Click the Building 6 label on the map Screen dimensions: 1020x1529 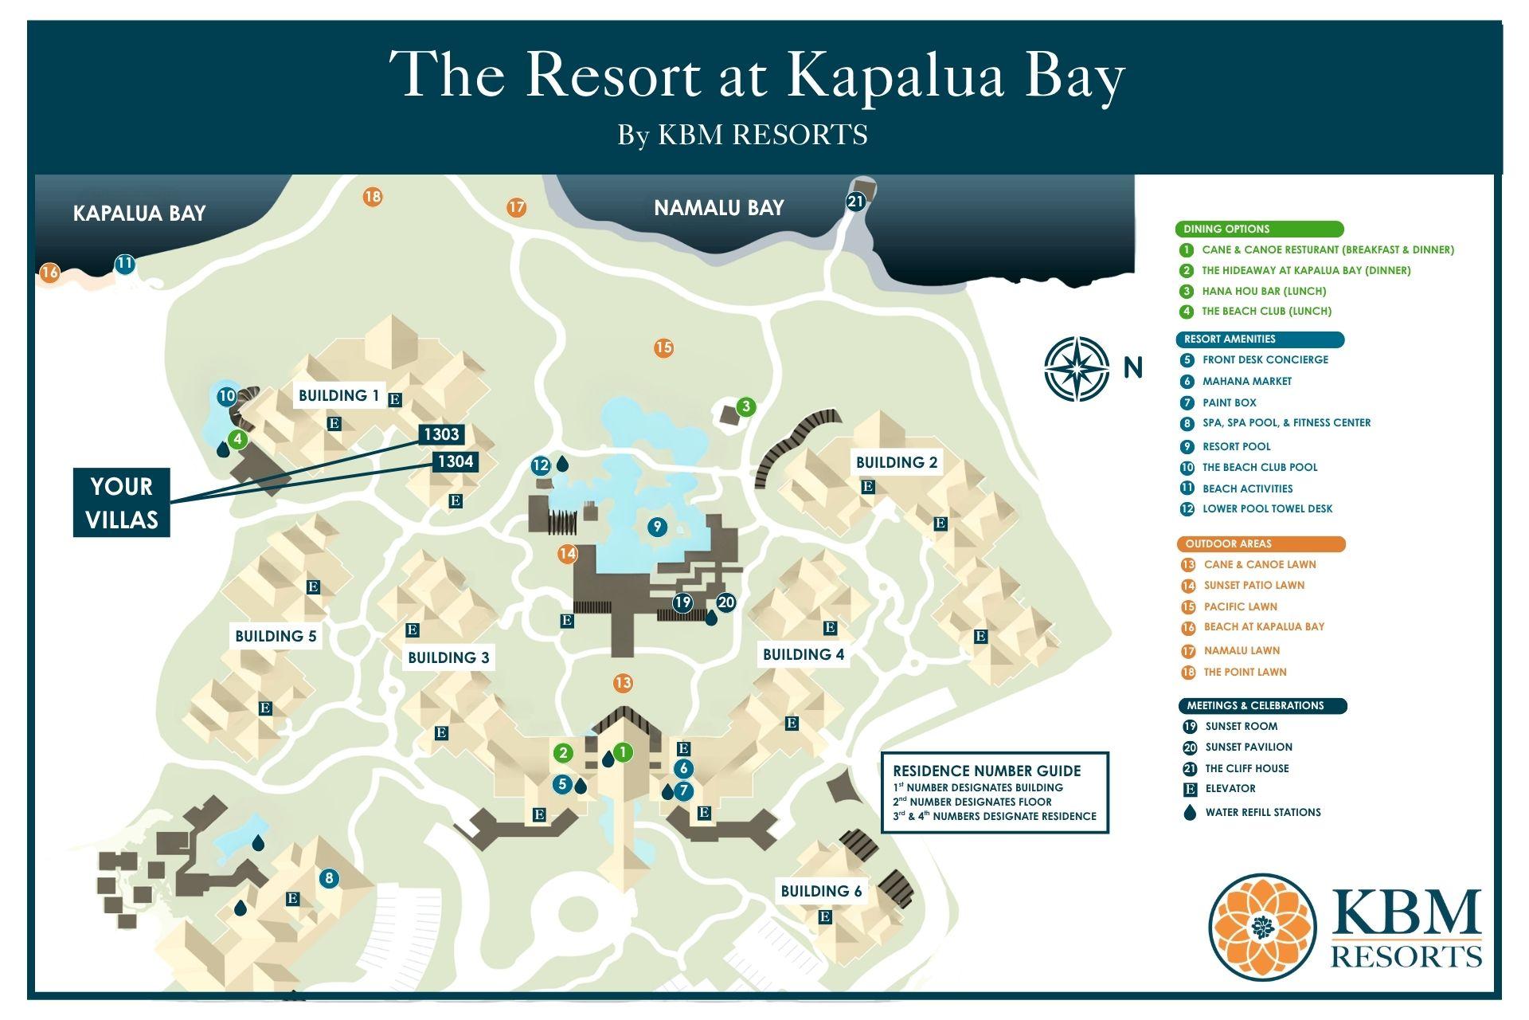coord(821,891)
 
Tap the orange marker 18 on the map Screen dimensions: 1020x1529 coord(372,196)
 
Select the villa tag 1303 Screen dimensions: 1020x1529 coord(441,434)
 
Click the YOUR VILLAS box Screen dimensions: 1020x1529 coord(122,503)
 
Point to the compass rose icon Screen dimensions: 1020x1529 coord(1077,368)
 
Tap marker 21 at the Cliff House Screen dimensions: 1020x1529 coord(855,202)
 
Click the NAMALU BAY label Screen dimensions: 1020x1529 coord(718,208)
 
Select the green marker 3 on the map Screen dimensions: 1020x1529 coord(745,406)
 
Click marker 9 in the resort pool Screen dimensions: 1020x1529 coord(656,527)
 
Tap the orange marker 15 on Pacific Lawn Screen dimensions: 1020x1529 coord(663,347)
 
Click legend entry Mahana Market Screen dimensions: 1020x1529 coord(1246,382)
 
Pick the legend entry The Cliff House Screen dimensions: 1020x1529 coord(1246,768)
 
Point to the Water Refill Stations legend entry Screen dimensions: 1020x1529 coord(1262,812)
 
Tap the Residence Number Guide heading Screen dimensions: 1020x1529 coord(987,771)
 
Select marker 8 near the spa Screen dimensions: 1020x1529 coord(328,879)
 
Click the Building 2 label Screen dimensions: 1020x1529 coord(897,462)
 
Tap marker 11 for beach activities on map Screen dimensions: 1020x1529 coord(124,264)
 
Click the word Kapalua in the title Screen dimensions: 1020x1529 coord(895,76)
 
